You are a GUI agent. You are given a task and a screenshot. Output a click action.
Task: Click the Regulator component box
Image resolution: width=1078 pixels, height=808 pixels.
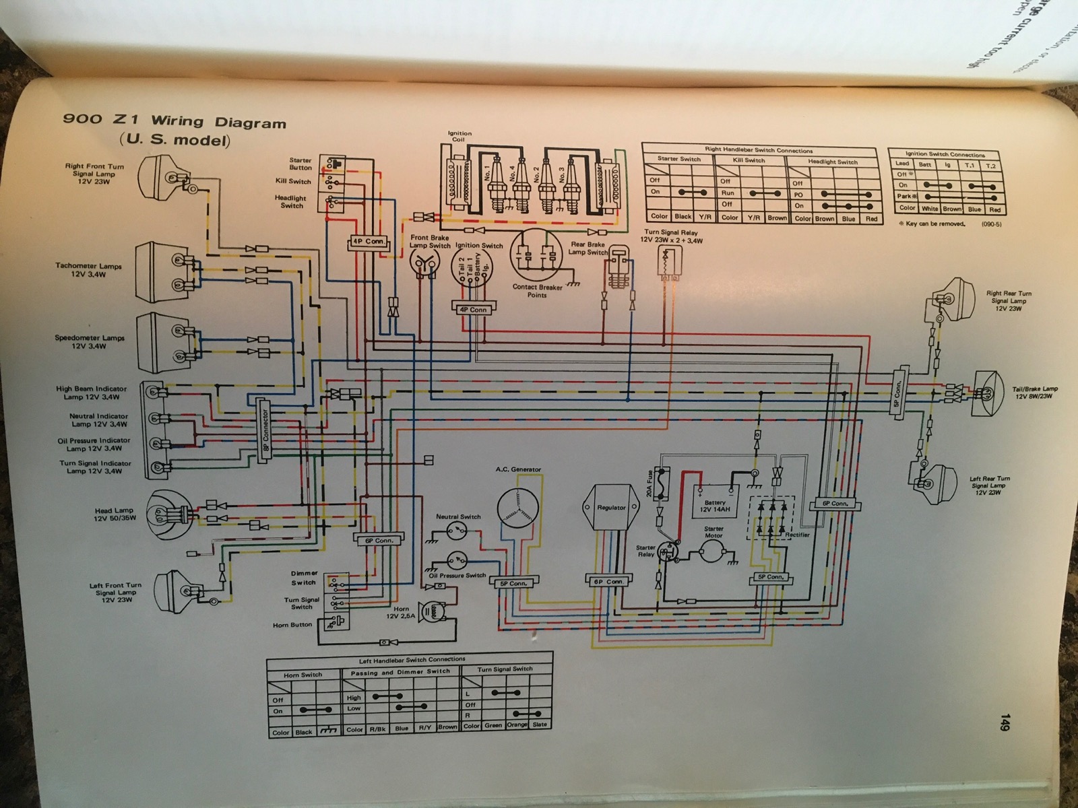tap(611, 508)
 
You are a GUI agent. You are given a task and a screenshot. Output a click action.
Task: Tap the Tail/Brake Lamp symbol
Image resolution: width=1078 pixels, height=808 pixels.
tap(988, 391)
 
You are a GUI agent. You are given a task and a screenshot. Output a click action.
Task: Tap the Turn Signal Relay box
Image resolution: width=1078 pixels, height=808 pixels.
tap(668, 262)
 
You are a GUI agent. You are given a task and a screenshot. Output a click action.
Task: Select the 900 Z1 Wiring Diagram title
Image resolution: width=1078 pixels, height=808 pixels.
tap(175, 122)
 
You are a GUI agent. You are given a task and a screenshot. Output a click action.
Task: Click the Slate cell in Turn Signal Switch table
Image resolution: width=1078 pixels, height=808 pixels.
tap(539, 725)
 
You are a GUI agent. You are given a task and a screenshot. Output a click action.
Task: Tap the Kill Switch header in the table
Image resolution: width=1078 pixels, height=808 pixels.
tap(750, 160)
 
